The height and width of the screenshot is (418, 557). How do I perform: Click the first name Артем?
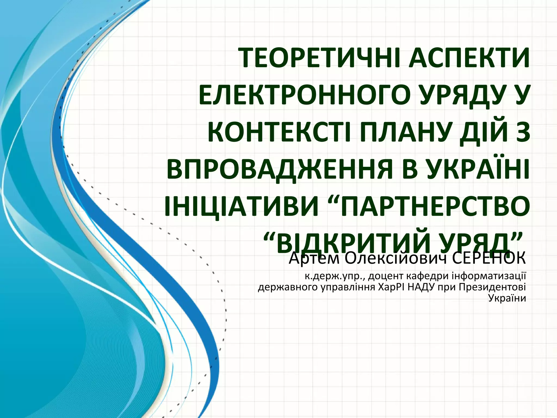coord(314,259)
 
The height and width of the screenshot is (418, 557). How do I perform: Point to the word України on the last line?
coord(507,298)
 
